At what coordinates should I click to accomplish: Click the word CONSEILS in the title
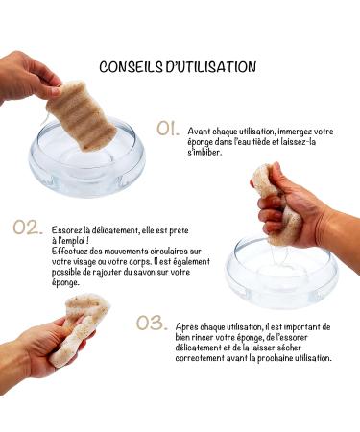132,67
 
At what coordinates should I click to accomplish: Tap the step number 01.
167,128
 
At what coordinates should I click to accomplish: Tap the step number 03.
151,324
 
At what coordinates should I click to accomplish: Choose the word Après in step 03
190,326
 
